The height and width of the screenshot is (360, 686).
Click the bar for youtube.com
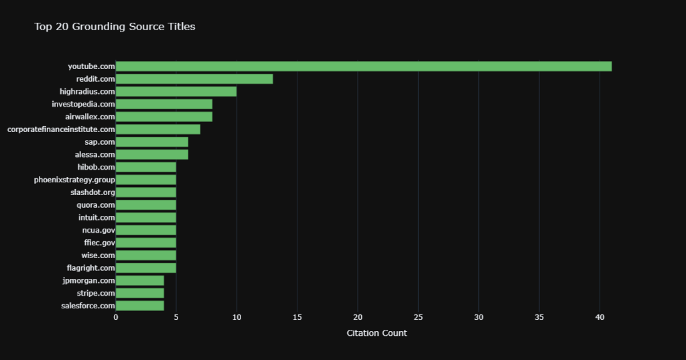[363, 66]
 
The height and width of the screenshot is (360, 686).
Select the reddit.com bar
[194, 79]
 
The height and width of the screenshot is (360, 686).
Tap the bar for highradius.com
[176, 91]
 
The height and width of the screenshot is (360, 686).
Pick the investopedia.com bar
[164, 104]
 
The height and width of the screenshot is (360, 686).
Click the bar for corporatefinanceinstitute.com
[158, 129]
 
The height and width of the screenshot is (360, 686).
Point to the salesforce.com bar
[140, 306]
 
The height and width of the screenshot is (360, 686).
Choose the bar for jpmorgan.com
[140, 280]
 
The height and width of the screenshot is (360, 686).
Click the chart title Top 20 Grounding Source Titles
[115, 27]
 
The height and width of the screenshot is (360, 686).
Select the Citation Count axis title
[376, 333]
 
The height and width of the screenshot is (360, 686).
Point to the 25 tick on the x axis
[418, 317]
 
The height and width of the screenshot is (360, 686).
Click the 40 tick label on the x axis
[600, 317]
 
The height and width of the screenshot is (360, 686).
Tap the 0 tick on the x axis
[116, 317]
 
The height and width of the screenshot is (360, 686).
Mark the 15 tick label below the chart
[297, 317]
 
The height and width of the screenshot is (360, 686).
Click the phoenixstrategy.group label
[74, 180]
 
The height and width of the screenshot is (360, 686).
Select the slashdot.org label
[92, 192]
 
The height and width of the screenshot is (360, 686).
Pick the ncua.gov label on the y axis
[98, 230]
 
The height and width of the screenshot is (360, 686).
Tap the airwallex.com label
[90, 117]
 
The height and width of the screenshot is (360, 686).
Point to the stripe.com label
[96, 293]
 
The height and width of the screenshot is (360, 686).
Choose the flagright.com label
[91, 268]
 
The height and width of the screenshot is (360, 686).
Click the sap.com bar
[152, 142]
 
